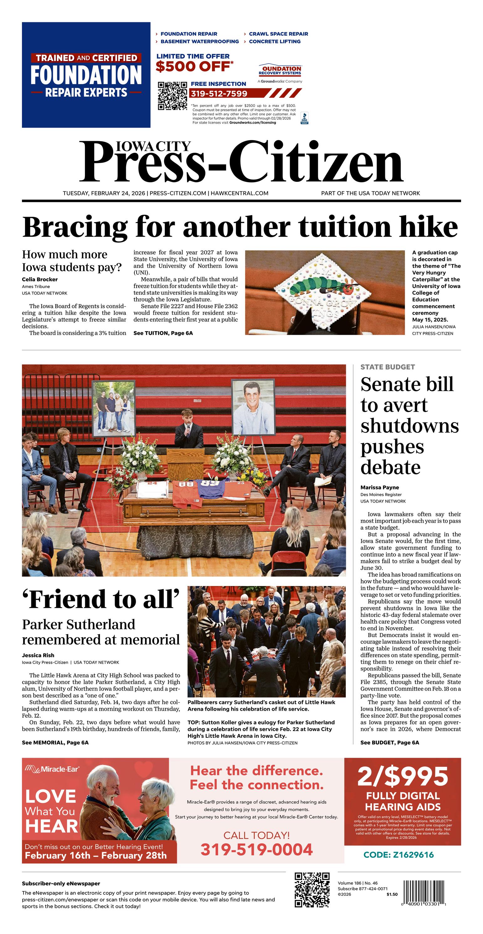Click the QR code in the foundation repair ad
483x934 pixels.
point(173,96)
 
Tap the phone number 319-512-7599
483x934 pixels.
point(219,93)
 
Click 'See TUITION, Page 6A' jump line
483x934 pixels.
point(163,333)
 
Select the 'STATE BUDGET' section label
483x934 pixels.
point(387,367)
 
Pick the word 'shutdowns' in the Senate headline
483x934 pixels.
point(409,426)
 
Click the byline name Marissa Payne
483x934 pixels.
point(379,488)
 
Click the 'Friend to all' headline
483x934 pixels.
point(101,600)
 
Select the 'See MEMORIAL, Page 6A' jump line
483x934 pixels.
point(55,742)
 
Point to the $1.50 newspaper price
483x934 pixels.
point(392,894)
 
